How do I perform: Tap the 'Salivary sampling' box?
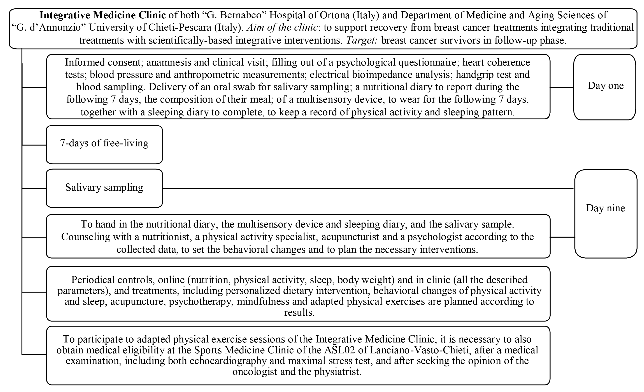coord(104,188)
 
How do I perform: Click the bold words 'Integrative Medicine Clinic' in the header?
coord(103,15)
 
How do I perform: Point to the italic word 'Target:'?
coord(362,40)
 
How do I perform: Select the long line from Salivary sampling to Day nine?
coord(366,188)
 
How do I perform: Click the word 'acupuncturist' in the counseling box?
coord(350,237)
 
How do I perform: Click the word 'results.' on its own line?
coord(299,312)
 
